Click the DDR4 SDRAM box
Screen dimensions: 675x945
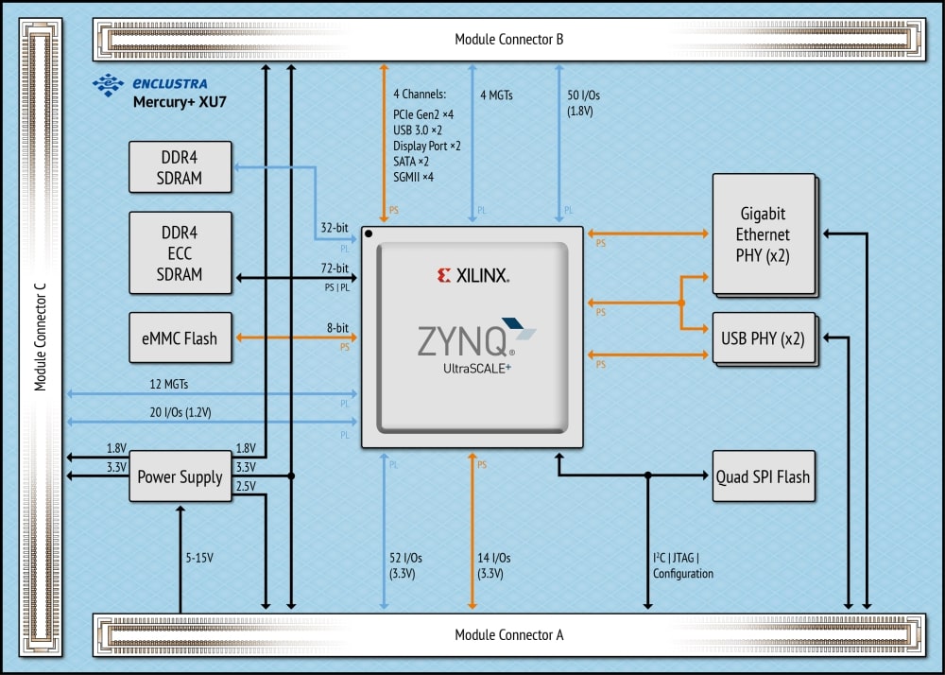coord(180,165)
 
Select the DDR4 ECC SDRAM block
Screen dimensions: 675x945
coord(180,252)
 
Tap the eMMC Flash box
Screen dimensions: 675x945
coord(180,338)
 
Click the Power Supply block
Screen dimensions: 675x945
coord(180,476)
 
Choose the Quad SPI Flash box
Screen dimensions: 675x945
coord(763,476)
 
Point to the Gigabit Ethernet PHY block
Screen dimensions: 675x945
coord(763,234)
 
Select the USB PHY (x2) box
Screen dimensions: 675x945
coord(763,337)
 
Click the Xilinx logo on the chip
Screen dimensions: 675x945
coord(472,275)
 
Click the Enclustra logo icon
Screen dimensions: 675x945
coord(107,84)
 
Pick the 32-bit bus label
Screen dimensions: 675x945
coord(335,228)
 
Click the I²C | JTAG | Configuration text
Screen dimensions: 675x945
coord(682,565)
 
